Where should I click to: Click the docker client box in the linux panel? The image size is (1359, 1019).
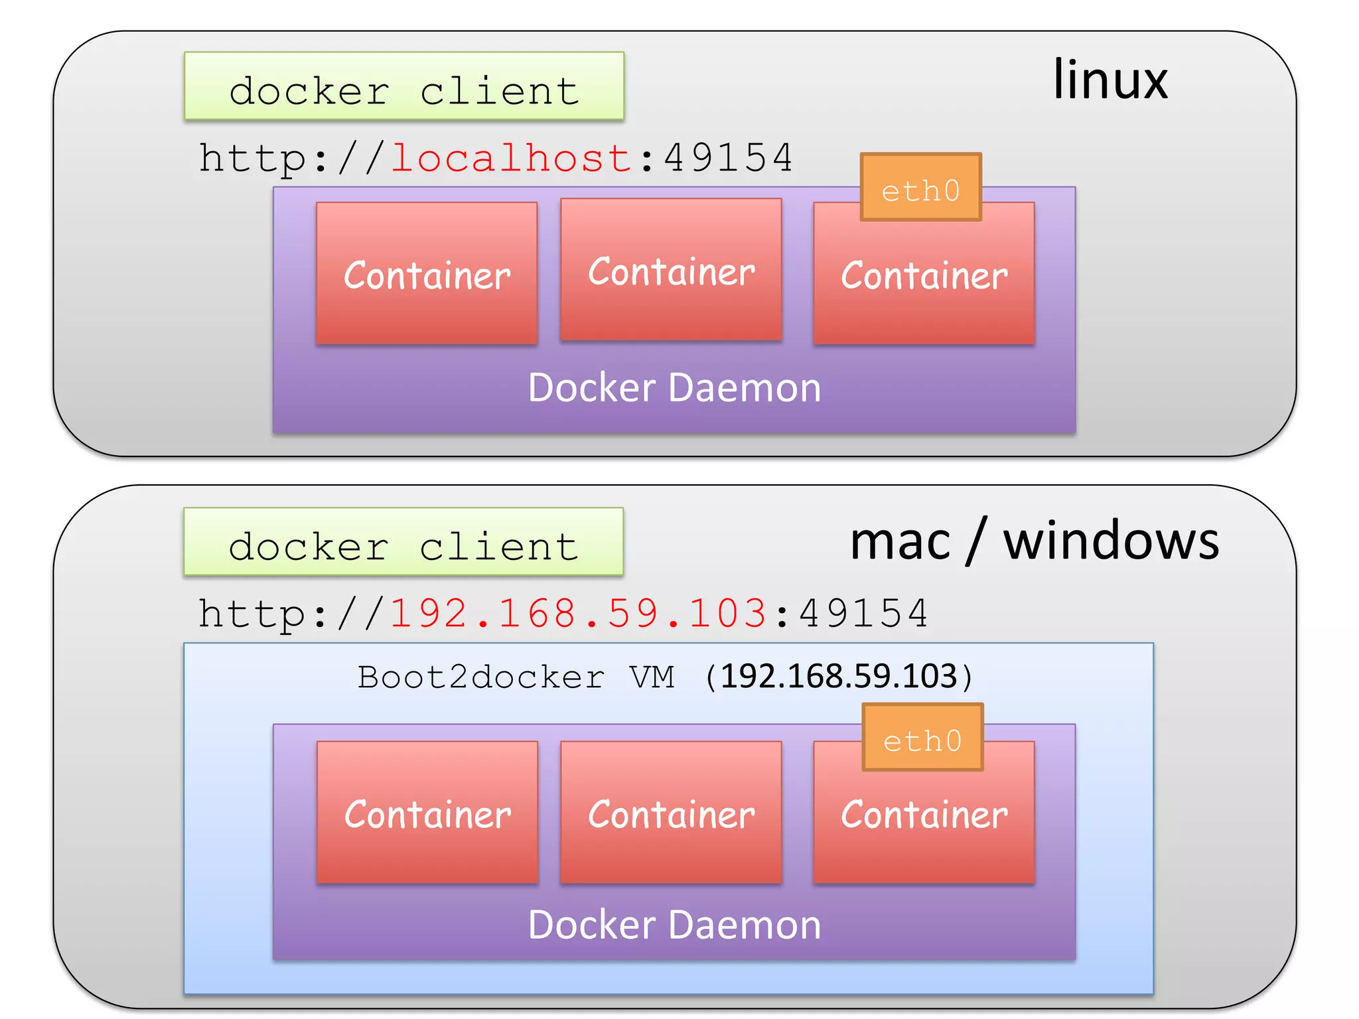pyautogui.click(x=403, y=86)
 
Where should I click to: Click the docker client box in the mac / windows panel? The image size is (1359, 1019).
pyautogui.click(x=403, y=542)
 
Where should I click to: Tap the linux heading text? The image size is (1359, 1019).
pyautogui.click(x=1109, y=80)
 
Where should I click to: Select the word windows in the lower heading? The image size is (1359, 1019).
pyautogui.click(x=1111, y=541)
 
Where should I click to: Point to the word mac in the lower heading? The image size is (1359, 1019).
pyautogui.click(x=900, y=542)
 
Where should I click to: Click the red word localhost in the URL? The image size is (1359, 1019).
pyautogui.click(x=511, y=159)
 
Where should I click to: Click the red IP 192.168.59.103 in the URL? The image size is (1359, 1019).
pyautogui.click(x=578, y=613)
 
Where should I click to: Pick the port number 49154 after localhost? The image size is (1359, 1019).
pyautogui.click(x=728, y=159)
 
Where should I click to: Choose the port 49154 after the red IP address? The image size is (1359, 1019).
pyautogui.click(x=863, y=613)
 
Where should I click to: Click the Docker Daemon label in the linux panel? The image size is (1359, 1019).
pyautogui.click(x=674, y=388)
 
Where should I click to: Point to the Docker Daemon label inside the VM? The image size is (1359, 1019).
pyautogui.click(x=674, y=925)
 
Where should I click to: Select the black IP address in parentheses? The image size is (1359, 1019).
pyautogui.click(x=839, y=676)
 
